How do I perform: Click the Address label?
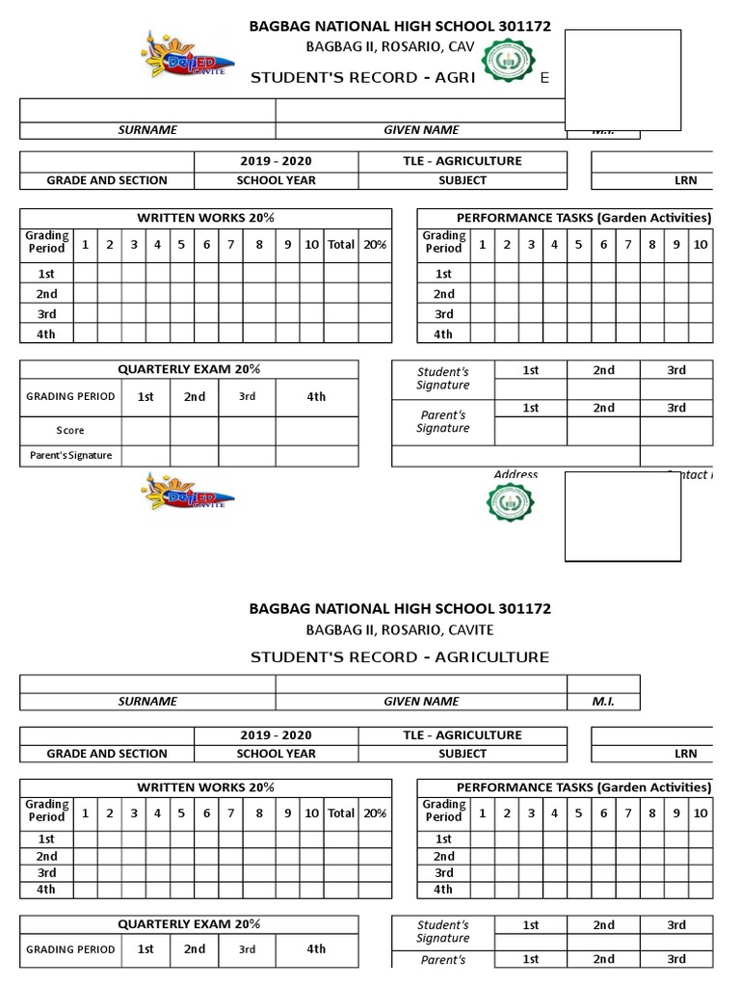(x=515, y=474)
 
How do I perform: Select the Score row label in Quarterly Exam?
(x=70, y=431)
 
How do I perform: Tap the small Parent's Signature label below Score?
(x=70, y=455)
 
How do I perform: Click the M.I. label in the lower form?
(x=602, y=702)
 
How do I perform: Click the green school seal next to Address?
(x=512, y=503)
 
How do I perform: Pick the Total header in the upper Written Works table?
(x=341, y=245)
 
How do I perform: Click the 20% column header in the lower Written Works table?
(x=375, y=813)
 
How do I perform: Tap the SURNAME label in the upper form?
(x=147, y=130)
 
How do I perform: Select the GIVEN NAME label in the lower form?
(x=421, y=702)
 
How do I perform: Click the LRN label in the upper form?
(x=685, y=180)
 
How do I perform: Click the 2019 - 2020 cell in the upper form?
(x=277, y=161)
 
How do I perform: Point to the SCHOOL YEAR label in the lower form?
(x=277, y=754)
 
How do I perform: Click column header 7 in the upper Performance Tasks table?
(x=628, y=244)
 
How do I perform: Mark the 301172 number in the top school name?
(x=525, y=26)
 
